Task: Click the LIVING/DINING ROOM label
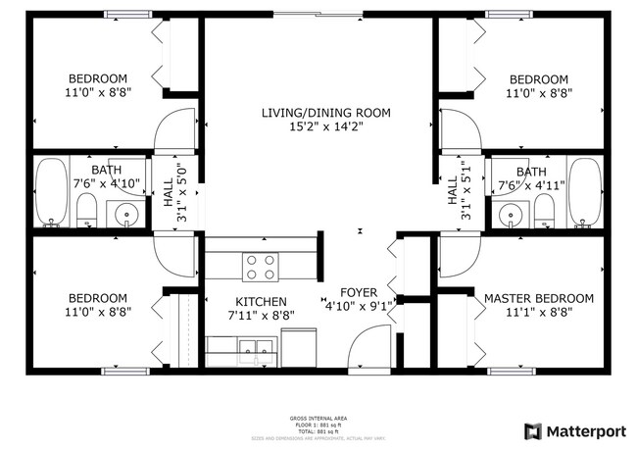pos(325,113)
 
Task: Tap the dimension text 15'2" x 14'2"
pos(325,126)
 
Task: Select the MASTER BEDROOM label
pos(539,298)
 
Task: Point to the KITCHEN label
pos(261,302)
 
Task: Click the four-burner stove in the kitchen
pos(261,267)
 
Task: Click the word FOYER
pos(359,292)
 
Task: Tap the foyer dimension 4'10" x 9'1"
pos(359,305)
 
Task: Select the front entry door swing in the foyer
pos(372,345)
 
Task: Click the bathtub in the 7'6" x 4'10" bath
pos(50,191)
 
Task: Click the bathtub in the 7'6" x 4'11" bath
pos(585,191)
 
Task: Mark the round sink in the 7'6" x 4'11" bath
pos(510,215)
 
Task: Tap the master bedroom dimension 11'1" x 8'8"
pos(539,312)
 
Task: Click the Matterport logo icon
pos(533,430)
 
